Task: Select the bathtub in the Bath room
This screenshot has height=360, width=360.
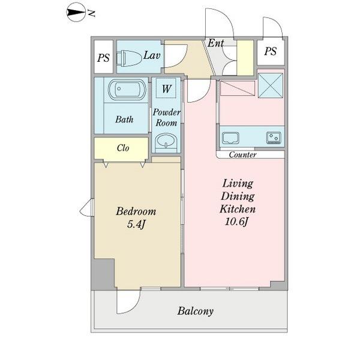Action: point(126,92)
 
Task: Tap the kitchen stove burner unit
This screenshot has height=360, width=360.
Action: point(274,138)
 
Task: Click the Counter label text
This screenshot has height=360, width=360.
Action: point(243,155)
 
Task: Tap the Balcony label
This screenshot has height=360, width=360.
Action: point(196,311)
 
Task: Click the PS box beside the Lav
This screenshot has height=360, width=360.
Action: point(104,59)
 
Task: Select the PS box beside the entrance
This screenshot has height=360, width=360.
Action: point(271,51)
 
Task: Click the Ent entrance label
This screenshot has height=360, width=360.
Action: point(215,43)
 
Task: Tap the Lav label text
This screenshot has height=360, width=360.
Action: point(151,56)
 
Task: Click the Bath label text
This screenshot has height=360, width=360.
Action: point(124,119)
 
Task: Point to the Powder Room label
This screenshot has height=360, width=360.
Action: point(166,118)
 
